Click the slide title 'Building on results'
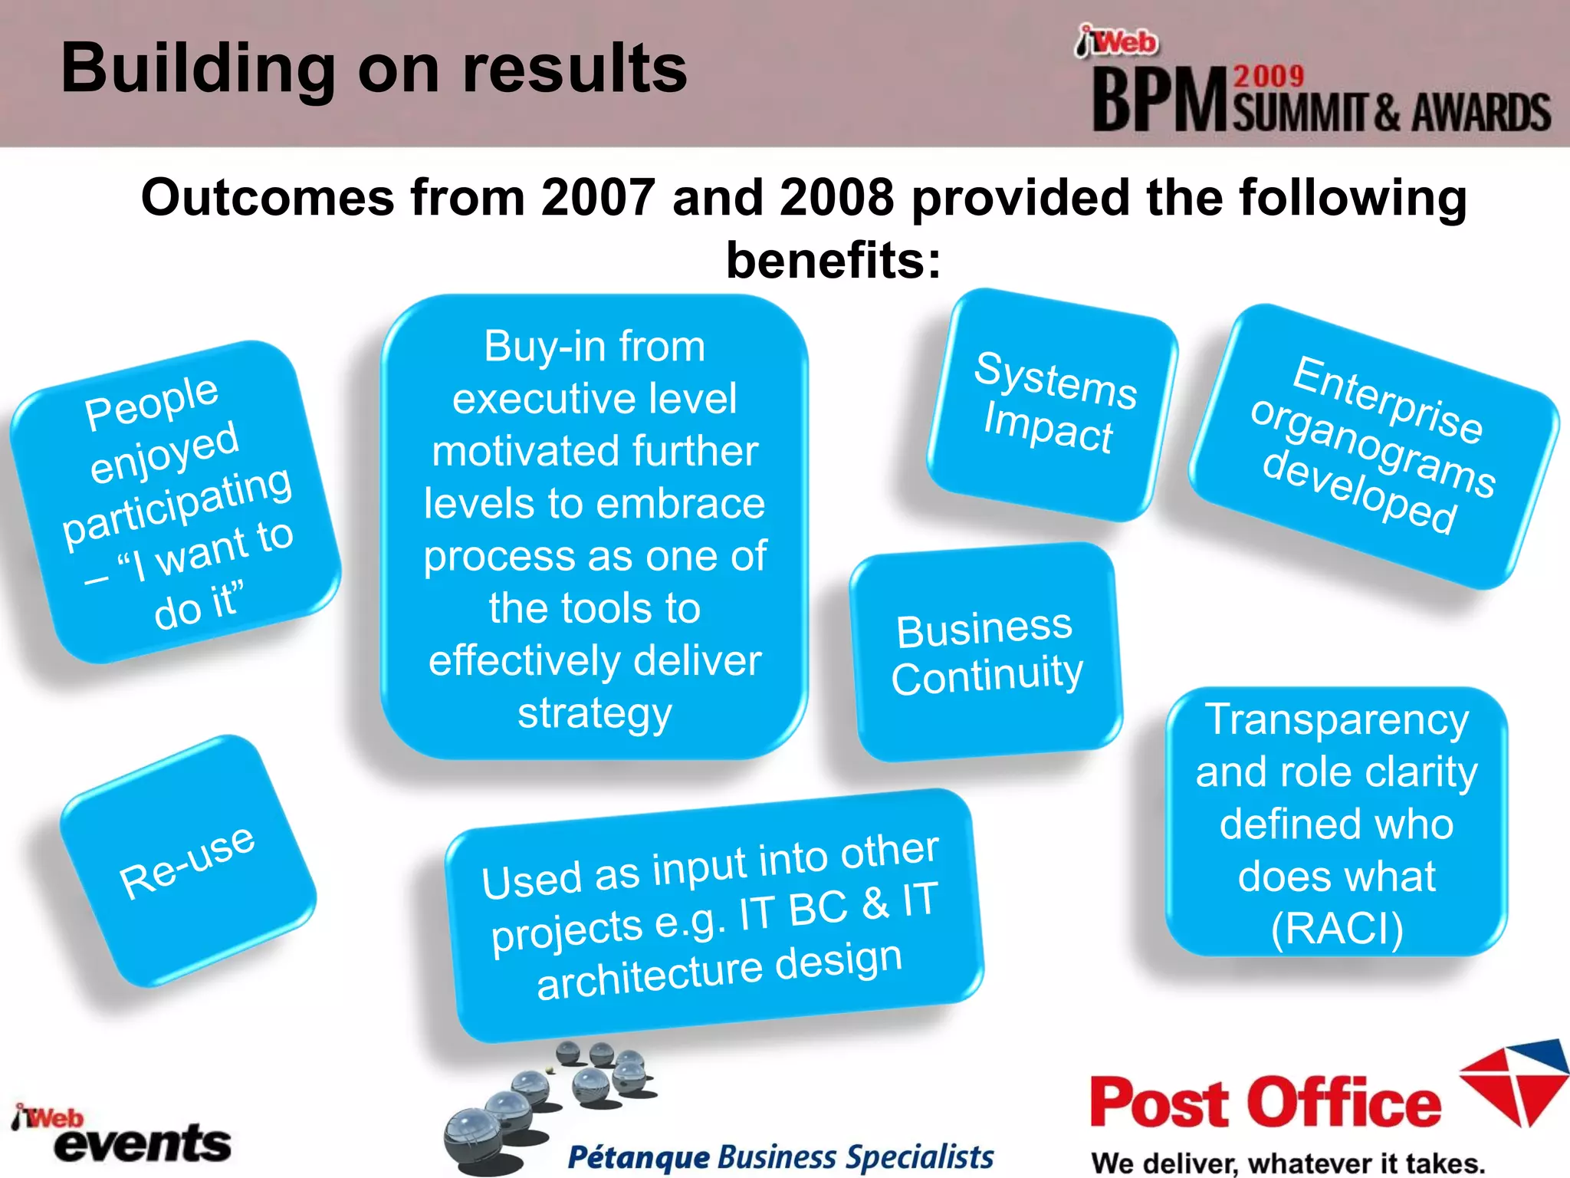pos(374,69)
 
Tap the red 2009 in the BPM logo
pos(1269,77)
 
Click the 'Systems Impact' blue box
pos(1052,403)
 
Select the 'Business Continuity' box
pos(986,653)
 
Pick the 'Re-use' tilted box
pos(188,861)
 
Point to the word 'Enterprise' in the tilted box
pos(1388,399)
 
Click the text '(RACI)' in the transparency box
pos(1337,928)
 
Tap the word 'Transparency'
pos(1337,719)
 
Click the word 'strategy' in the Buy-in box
pos(595,713)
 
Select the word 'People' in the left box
pos(152,402)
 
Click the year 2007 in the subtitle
pos(598,198)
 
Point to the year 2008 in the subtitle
pos(837,198)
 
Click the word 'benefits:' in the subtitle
pos(833,261)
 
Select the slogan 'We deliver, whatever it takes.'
pos(1288,1163)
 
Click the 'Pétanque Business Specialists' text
pos(780,1157)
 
